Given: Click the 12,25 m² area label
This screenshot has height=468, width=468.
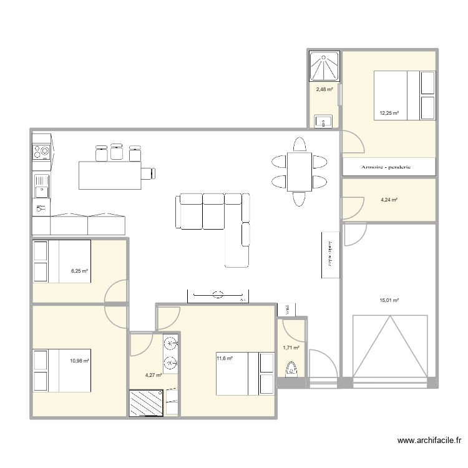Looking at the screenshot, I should tap(389, 114).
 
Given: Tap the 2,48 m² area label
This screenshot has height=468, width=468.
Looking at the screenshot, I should tap(324, 89).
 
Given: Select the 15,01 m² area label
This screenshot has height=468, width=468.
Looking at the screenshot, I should tap(389, 300).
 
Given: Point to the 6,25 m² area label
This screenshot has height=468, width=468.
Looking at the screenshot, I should tap(79, 271).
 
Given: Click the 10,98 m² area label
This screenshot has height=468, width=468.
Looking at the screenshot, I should tap(79, 360).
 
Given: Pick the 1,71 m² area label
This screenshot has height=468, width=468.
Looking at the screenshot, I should tap(291, 348).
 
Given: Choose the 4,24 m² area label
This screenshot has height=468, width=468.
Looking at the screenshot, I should tap(389, 200).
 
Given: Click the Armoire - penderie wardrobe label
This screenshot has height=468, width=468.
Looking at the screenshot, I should tap(388, 167).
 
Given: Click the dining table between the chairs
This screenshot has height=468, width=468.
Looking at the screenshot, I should tap(299, 172).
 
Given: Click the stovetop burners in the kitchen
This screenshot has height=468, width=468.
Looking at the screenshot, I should tap(41, 151).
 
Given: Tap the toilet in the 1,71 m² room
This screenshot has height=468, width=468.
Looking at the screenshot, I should tap(291, 369).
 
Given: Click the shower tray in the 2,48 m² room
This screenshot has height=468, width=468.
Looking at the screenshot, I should tap(324, 67).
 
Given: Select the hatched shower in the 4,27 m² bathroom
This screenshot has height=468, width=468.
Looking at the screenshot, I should tap(147, 402).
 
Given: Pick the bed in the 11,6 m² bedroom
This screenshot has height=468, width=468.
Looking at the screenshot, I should tap(245, 373).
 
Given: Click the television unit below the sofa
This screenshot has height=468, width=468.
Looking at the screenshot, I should tap(218, 294).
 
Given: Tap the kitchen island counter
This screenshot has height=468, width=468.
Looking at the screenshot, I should tap(110, 175).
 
